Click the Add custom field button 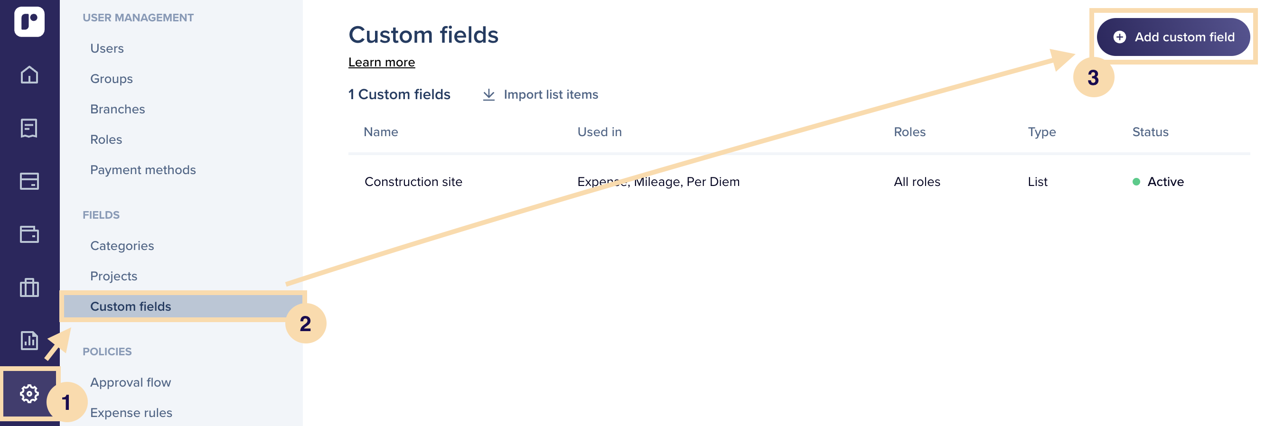(x=1173, y=37)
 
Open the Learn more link (x=382, y=62)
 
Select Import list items (x=541, y=94)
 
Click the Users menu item (x=107, y=48)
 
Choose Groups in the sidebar (x=112, y=79)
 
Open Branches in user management (x=118, y=109)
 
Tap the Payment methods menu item (x=143, y=170)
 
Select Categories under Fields (x=122, y=246)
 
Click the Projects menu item (x=114, y=276)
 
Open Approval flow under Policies (x=131, y=382)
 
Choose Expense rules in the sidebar (x=131, y=413)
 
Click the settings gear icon (x=29, y=394)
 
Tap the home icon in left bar (x=29, y=74)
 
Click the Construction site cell (x=413, y=182)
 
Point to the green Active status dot (x=1136, y=182)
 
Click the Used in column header (x=600, y=132)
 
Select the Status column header (x=1150, y=132)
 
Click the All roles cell (x=917, y=182)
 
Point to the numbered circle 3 (x=1093, y=77)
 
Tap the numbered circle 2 (x=306, y=324)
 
